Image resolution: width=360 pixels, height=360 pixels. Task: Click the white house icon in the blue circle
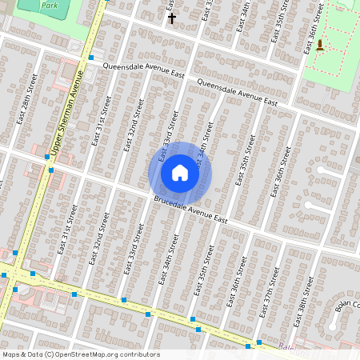pyautogui.click(x=180, y=173)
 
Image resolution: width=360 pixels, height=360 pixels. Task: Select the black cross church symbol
pyautogui.click(x=170, y=17)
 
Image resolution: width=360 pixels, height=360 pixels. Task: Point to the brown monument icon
pyautogui.click(x=320, y=44)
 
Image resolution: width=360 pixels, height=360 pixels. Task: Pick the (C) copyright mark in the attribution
pyautogui.click(x=50, y=354)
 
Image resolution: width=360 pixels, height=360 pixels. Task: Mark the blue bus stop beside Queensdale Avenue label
pyautogui.click(x=92, y=58)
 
